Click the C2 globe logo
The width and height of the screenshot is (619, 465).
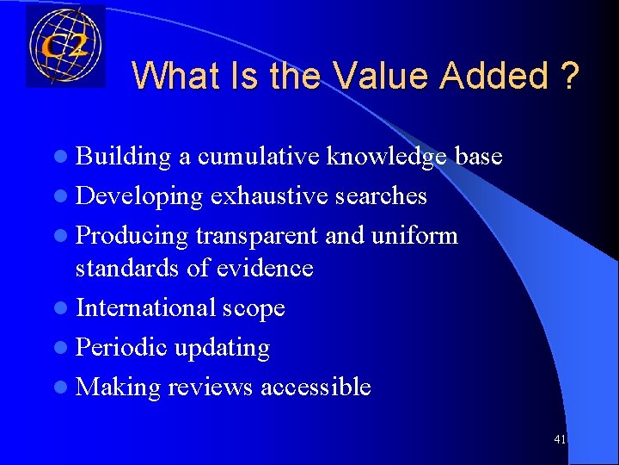tap(65, 45)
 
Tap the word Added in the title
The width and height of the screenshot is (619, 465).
tap(493, 76)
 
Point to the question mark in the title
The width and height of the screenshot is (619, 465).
tap(568, 76)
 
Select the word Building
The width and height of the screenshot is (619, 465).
tap(124, 157)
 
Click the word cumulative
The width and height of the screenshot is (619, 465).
tap(259, 157)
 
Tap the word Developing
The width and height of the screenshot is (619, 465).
tap(139, 196)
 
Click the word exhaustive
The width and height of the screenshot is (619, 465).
tap(267, 196)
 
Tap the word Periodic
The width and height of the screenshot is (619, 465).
tap(121, 348)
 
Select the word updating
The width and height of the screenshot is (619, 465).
tap(222, 348)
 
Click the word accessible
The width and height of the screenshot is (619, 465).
tap(316, 387)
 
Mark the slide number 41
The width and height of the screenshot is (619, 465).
tap(561, 440)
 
